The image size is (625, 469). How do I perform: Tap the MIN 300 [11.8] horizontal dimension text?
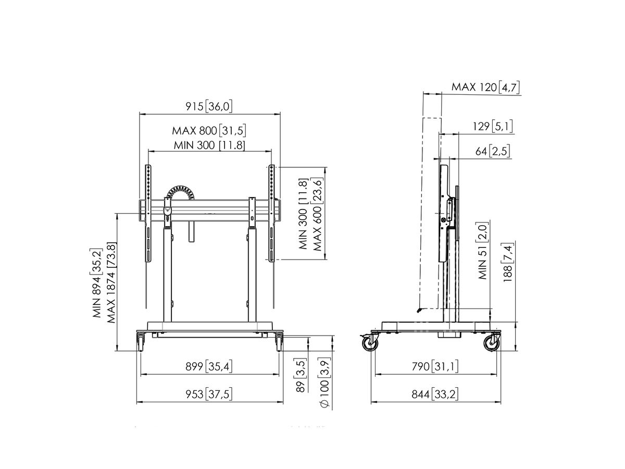click(x=209, y=145)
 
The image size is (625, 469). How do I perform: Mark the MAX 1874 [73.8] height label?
click(x=111, y=282)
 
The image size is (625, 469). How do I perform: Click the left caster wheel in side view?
click(x=370, y=343)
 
